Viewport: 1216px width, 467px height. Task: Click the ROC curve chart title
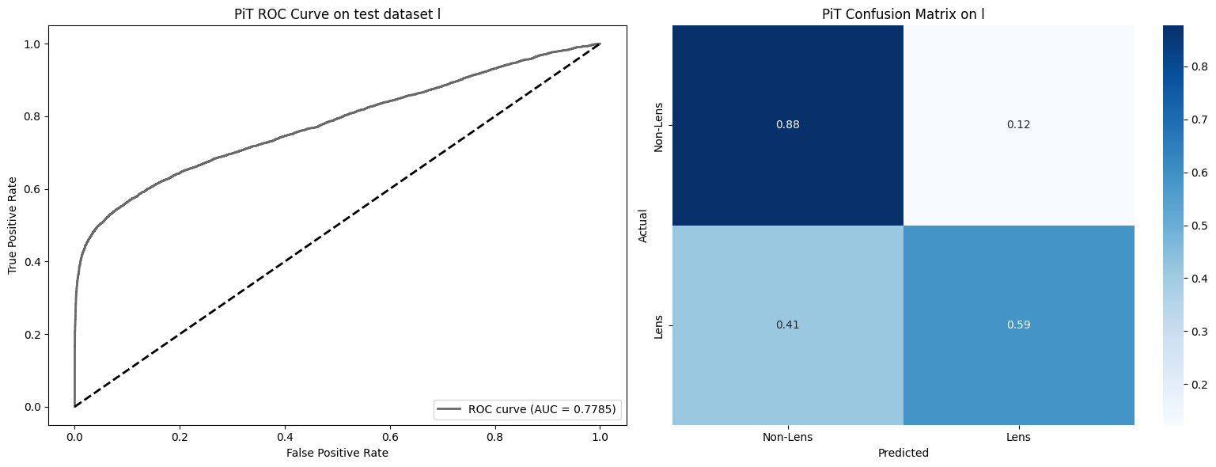(x=338, y=13)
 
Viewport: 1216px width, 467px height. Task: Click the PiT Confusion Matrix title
(x=903, y=13)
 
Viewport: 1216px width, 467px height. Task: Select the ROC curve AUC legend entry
(x=528, y=409)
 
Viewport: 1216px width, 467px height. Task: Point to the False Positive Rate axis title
(x=338, y=453)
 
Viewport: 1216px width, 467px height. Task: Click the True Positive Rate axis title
(x=13, y=225)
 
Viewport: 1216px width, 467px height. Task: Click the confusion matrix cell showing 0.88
(x=788, y=125)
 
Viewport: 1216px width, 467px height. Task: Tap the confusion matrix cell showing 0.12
(x=1018, y=125)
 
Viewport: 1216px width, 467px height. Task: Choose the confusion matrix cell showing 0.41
(x=788, y=325)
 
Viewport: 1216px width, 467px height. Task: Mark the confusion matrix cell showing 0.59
(x=1018, y=325)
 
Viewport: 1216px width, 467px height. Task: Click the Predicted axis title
(x=903, y=454)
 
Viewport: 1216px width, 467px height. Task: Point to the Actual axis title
(x=643, y=225)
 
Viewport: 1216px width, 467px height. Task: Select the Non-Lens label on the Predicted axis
(x=788, y=437)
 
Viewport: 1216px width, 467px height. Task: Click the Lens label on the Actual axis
(x=659, y=325)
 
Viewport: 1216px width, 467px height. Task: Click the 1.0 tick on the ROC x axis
(x=600, y=436)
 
